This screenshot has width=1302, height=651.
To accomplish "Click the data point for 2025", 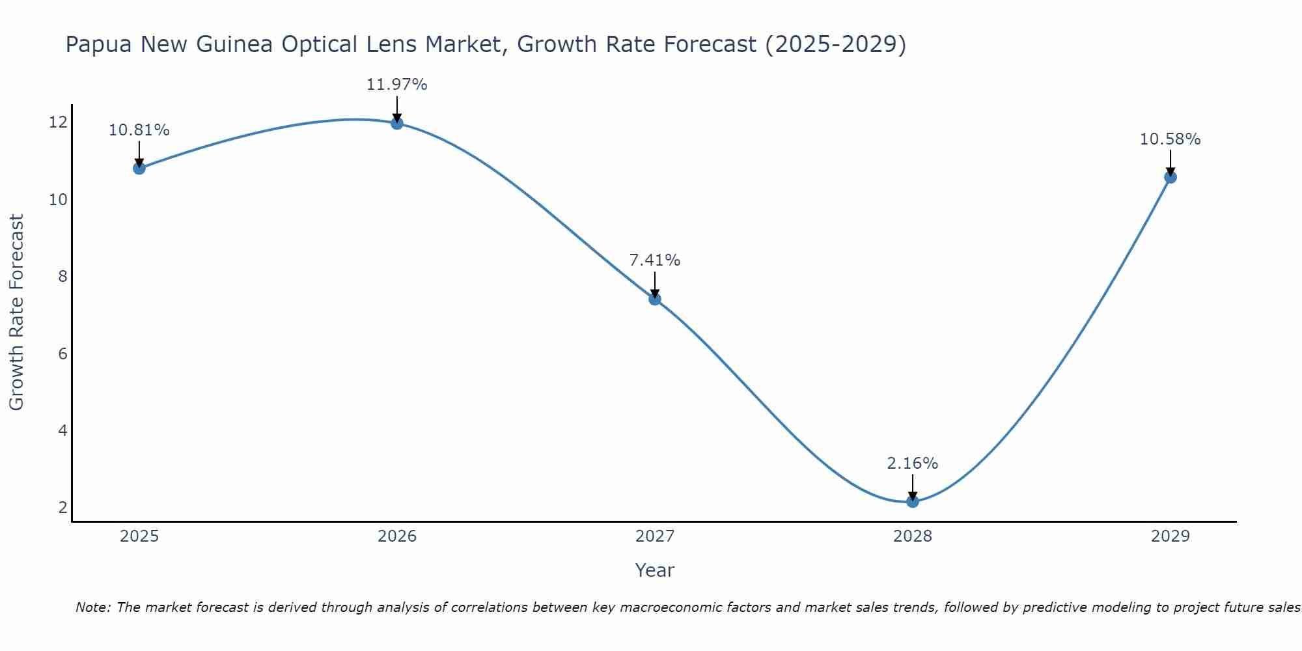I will click(139, 168).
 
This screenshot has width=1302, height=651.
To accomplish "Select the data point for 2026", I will click(397, 123).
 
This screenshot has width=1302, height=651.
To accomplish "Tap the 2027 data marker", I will click(655, 299).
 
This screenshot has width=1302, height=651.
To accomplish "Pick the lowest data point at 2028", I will click(913, 501).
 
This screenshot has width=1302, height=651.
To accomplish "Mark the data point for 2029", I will click(1170, 177).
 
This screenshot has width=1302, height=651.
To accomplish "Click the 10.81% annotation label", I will click(139, 130).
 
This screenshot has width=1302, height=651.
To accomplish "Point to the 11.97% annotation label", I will click(397, 85).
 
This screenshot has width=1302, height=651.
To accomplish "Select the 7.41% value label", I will click(655, 260).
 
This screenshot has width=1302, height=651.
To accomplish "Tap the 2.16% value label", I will click(913, 464).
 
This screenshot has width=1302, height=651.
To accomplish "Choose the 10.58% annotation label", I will click(1170, 139).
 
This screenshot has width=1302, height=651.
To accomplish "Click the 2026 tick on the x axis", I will click(397, 536).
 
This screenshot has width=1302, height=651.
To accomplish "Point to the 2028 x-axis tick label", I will click(913, 536).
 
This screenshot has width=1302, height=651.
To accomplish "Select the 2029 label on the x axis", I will click(1170, 536).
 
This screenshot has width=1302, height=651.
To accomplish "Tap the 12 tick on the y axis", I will click(58, 122).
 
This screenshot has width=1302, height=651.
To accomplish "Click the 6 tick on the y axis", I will click(62, 353).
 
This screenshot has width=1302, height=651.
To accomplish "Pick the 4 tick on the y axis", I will click(62, 430).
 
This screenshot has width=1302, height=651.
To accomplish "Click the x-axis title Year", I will click(655, 570).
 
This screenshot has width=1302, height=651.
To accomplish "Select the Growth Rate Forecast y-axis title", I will click(17, 312).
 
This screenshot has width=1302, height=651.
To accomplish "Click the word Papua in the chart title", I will click(98, 45).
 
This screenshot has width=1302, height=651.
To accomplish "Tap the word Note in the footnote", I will click(93, 607).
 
